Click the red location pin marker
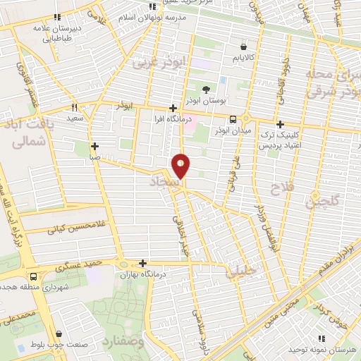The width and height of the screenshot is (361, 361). (x=181, y=166)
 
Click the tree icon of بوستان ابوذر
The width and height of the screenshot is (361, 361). (x=206, y=90)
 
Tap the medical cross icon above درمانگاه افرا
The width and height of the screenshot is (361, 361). (x=173, y=108)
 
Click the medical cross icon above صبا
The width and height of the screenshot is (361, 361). (x=94, y=147)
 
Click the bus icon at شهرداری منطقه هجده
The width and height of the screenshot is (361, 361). (x=33, y=276)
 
